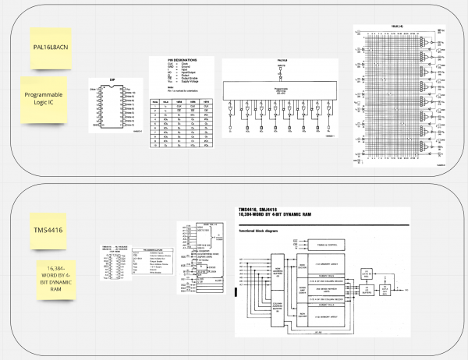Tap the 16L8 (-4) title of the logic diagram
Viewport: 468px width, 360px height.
(396, 27)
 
